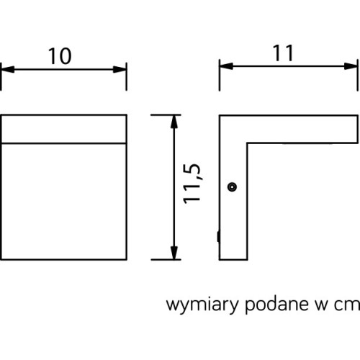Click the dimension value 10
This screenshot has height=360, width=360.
click(x=60, y=56)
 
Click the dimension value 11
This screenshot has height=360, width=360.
click(x=283, y=53)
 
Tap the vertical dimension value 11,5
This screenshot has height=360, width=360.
click(x=192, y=184)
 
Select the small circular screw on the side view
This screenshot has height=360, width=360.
click(x=232, y=186)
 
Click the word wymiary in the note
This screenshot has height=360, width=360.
click(x=202, y=305)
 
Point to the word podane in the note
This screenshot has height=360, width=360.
click(x=276, y=305)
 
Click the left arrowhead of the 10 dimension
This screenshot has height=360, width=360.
click(x=7, y=70)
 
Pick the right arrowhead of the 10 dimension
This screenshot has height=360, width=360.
click(x=120, y=70)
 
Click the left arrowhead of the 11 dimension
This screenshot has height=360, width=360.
click(x=226, y=66)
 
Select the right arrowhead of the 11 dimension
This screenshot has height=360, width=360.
click(x=351, y=66)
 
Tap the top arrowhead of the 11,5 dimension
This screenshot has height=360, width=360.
click(x=174, y=122)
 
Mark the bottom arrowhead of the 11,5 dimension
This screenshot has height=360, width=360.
click(x=174, y=253)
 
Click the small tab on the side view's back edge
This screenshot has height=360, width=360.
click(x=218, y=236)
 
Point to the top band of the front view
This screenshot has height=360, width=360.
click(x=64, y=129)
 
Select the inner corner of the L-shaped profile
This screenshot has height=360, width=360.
click(x=247, y=144)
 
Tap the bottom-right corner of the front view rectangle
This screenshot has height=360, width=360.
click(x=127, y=259)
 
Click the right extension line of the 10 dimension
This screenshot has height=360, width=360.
click(x=127, y=77)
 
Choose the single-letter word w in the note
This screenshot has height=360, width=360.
click(x=321, y=305)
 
